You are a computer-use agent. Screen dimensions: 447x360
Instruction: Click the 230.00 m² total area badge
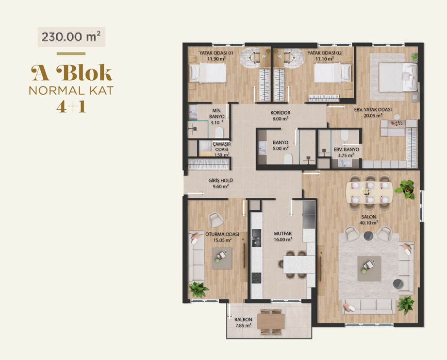(x=71, y=37)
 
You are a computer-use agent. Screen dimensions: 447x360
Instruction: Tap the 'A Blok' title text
(x=71, y=73)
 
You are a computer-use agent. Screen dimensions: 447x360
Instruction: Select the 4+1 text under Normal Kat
(x=71, y=107)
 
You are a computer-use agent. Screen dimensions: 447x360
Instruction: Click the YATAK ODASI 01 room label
(x=212, y=53)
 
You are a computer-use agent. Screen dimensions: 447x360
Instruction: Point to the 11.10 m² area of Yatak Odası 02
(x=324, y=59)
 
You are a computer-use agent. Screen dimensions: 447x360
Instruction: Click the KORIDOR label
(x=281, y=113)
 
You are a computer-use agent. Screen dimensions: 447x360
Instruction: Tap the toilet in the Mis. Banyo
(x=219, y=132)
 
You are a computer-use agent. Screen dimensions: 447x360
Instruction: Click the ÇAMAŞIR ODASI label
(x=221, y=147)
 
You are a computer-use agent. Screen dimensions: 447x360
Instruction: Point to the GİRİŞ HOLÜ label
(x=221, y=181)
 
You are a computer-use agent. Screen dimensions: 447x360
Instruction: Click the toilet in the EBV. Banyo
(x=345, y=136)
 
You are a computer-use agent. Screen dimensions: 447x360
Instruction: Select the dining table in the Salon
(x=369, y=192)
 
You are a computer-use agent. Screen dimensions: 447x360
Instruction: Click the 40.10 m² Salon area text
(x=368, y=223)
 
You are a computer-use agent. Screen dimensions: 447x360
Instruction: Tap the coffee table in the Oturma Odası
(x=222, y=258)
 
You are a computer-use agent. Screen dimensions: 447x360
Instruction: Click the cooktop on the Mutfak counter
(x=256, y=278)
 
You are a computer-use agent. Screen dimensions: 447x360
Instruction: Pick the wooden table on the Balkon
(x=271, y=321)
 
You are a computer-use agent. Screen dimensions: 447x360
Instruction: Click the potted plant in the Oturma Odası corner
(x=198, y=289)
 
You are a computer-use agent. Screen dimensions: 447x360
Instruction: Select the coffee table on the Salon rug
(x=369, y=269)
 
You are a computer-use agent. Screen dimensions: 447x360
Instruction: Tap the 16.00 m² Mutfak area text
(x=283, y=240)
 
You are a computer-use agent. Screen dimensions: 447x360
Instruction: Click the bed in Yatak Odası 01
(x=208, y=73)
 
